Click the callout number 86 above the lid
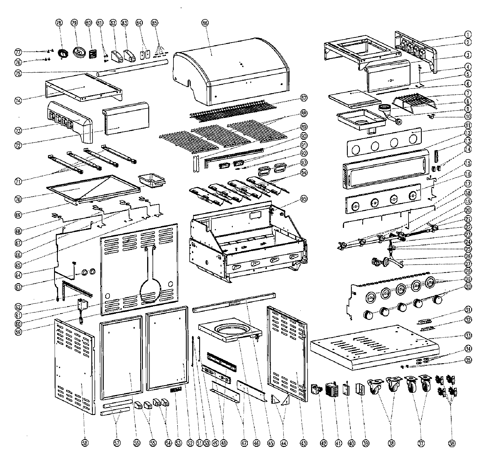click(x=205, y=23)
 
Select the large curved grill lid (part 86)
click(x=231, y=72)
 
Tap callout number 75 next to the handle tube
click(x=18, y=73)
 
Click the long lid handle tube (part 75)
click(x=133, y=67)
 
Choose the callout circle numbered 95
click(x=304, y=199)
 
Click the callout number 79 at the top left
click(x=74, y=23)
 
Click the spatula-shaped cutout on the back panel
click(x=150, y=286)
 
